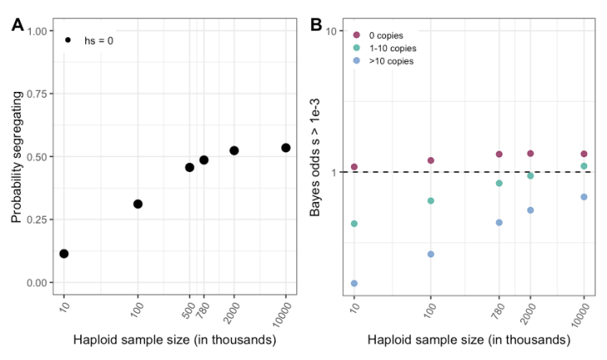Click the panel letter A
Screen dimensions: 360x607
[x=18, y=26]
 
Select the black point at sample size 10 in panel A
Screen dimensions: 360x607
[x=64, y=253]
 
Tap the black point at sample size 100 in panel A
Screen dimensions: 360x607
[x=137, y=204]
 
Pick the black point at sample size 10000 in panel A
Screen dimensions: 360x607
[x=286, y=147]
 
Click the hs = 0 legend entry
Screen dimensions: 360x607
[x=89, y=41]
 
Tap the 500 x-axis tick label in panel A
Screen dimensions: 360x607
[x=188, y=309]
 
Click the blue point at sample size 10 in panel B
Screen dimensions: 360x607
[x=354, y=283]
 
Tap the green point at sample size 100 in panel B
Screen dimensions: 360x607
[x=431, y=200]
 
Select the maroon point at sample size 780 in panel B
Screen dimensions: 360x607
[x=499, y=154]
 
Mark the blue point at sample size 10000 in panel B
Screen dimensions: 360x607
[x=584, y=197]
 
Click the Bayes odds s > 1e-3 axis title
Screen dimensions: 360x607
[x=316, y=156]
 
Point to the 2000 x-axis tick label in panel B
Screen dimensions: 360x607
[x=528, y=310]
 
